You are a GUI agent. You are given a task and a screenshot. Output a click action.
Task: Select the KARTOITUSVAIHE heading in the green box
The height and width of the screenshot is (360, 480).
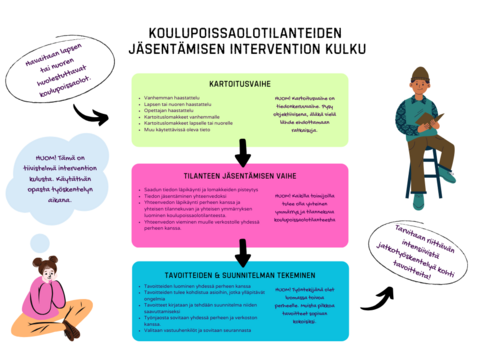coord(239,84)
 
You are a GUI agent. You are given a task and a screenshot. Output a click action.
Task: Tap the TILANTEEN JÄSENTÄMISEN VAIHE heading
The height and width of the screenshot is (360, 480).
coord(239,174)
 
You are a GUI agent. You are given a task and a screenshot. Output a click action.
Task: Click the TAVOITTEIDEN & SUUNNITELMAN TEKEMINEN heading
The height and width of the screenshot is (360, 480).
coord(239,272)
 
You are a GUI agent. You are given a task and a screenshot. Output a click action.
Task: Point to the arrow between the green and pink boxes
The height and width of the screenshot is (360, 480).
coord(241,153)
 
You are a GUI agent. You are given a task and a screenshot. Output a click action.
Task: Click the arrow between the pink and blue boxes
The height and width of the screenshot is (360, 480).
coord(241,248)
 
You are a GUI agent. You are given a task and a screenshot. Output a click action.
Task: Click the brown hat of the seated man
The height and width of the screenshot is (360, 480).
coord(419,73)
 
